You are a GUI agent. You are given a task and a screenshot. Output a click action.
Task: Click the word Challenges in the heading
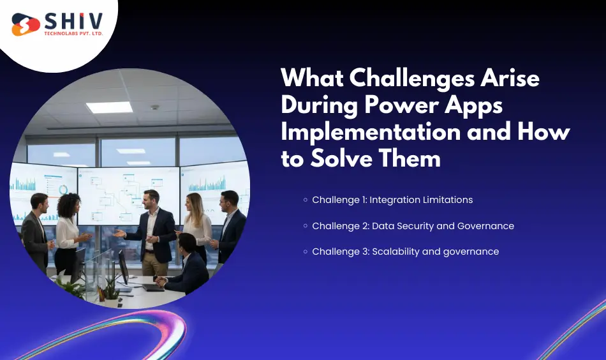404,79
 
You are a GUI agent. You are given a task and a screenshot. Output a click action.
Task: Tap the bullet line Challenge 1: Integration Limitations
392,200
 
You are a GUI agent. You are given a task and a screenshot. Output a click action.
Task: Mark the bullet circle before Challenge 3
306,251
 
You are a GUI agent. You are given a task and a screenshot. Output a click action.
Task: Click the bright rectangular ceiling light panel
109,107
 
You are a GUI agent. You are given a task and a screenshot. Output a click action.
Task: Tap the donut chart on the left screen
63,190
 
